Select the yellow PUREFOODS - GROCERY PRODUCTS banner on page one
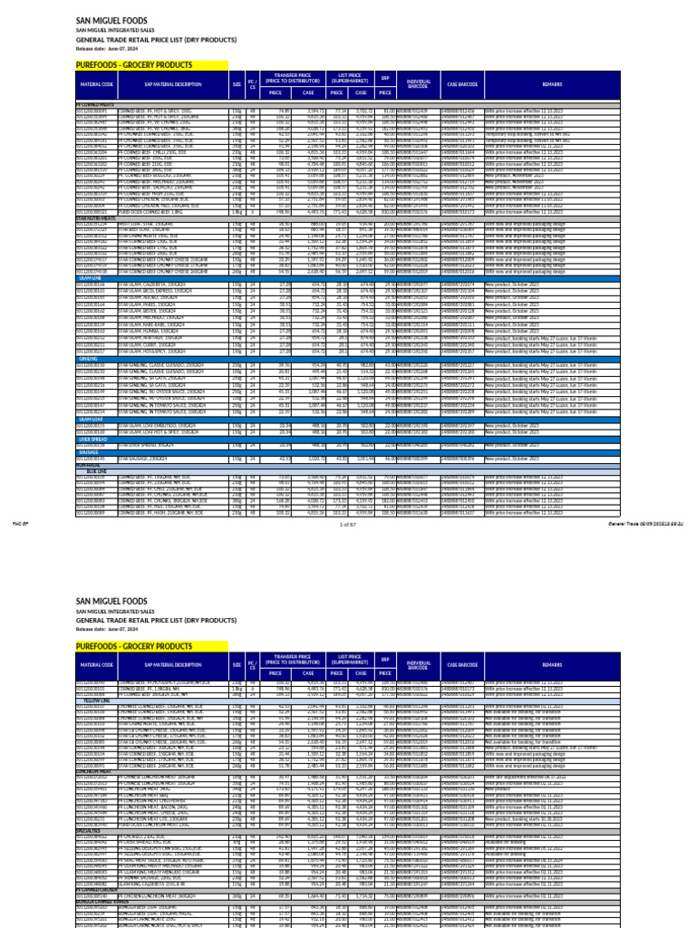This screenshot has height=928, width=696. tap(134, 66)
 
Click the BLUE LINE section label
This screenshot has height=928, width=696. tap(97, 471)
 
